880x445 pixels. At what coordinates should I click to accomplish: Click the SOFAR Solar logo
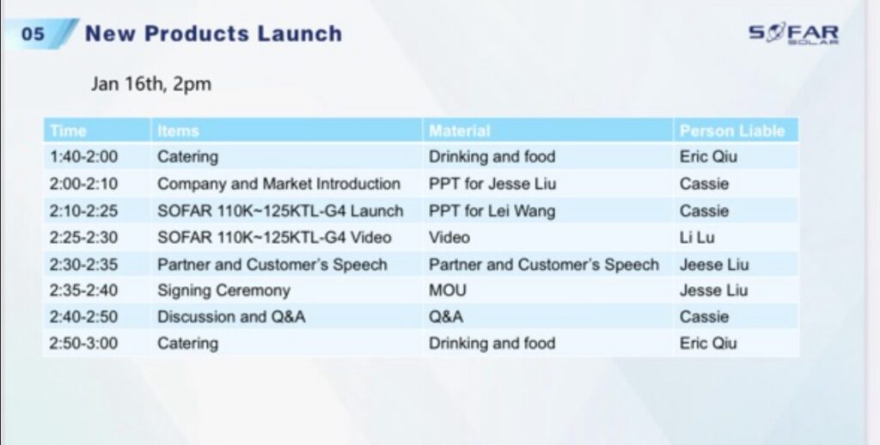pos(793,34)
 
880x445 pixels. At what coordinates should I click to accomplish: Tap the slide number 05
pos(33,34)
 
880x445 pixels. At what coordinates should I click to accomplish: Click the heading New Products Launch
pos(213,34)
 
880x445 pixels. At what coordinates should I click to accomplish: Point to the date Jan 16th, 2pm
pos(151,84)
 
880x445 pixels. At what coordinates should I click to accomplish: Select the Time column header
pos(68,131)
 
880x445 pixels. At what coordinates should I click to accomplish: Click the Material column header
pos(459,131)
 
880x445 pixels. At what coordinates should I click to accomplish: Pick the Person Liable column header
pos(732,131)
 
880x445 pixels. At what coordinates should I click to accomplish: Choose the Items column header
pos(178,131)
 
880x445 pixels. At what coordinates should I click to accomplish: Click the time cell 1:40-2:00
pos(83,156)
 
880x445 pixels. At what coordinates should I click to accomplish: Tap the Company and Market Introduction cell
pos(279,184)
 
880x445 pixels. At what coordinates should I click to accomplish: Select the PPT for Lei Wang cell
pos(492,211)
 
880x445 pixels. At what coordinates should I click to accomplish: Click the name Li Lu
pos(697,237)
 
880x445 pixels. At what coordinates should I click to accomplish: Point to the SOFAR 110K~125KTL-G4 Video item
pos(274,237)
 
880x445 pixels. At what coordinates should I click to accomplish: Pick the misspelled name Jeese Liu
pos(714,265)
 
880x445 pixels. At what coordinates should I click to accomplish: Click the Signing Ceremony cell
pos(223,290)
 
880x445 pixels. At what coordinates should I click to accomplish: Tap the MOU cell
pos(447,290)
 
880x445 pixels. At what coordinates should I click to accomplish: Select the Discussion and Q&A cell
pos(231,316)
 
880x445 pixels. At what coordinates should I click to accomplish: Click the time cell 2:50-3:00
pos(83,343)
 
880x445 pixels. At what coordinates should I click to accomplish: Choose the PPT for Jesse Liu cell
pos(492,184)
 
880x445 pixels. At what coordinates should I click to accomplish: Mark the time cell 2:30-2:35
pos(83,265)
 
